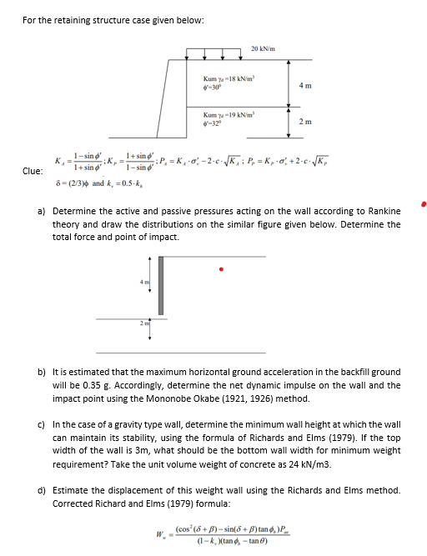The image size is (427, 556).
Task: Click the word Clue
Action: (32, 170)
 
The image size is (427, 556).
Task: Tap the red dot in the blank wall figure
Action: (221, 269)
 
